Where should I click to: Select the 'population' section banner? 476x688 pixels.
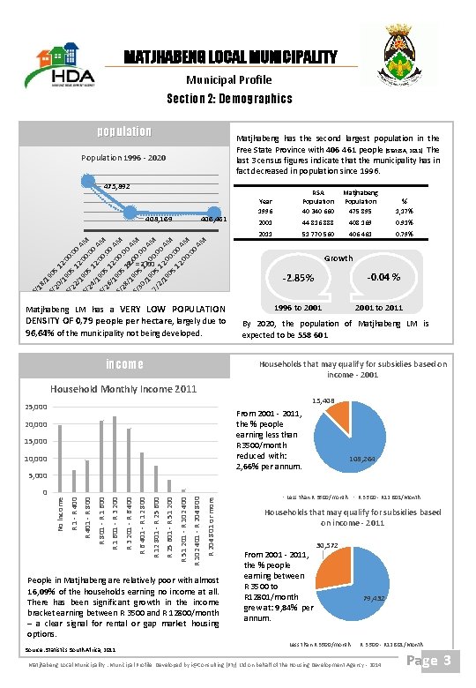point(124,132)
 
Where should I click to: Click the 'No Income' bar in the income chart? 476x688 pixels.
point(59,458)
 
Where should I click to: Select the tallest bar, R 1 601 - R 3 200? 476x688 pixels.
point(115,453)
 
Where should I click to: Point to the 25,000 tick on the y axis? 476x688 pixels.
point(35,408)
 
